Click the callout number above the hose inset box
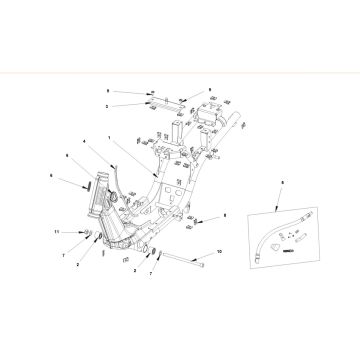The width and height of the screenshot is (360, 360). coord(283,183)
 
